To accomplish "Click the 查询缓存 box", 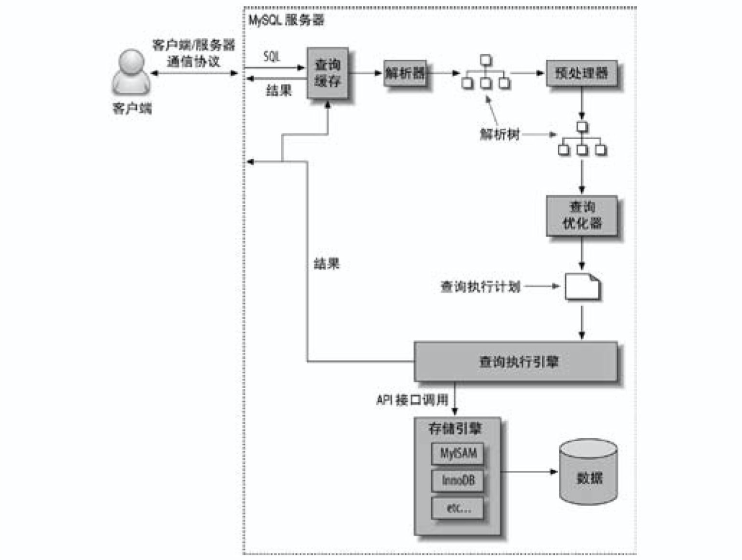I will (x=327, y=73).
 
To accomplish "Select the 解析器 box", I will (x=405, y=73).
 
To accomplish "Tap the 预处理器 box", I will (x=581, y=73).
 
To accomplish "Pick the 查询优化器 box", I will (x=581, y=215).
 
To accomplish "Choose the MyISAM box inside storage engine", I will (x=457, y=454).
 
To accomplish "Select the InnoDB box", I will (x=457, y=480).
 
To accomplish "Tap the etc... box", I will (x=457, y=508).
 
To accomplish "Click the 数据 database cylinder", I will (x=588, y=473).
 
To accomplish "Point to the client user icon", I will (x=131, y=73).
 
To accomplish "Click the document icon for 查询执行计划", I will (x=582, y=287).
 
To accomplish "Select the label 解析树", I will (x=500, y=134).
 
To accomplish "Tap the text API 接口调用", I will (x=412, y=400).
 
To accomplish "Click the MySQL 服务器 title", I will (x=286, y=20).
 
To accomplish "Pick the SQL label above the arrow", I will (x=272, y=56).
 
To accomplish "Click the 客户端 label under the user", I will (x=132, y=108).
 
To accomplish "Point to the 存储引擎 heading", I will (x=455, y=428).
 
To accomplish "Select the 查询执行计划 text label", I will (x=480, y=286).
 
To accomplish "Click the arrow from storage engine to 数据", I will (x=529, y=471).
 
